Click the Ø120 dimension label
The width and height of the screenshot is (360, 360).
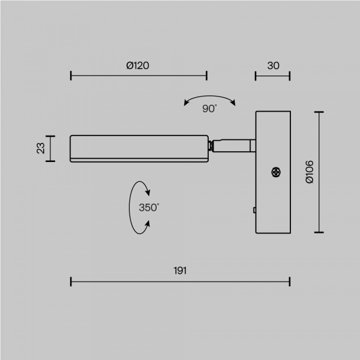pyautogui.click(x=137, y=65)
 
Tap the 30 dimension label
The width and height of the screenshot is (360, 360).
pyautogui.click(x=273, y=65)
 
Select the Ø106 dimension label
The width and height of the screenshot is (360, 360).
pyautogui.click(x=310, y=172)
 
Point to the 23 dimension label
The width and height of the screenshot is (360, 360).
pyautogui.click(x=41, y=148)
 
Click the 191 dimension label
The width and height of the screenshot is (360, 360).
pyautogui.click(x=180, y=271)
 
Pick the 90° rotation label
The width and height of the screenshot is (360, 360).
pyautogui.click(x=209, y=109)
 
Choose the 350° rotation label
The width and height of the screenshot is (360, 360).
pyautogui.click(x=149, y=208)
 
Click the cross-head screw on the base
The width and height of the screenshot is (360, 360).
pyautogui.click(x=276, y=172)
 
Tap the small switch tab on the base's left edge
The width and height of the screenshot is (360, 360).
pyautogui.click(x=254, y=210)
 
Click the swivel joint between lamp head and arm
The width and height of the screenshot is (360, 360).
pyautogui.click(x=211, y=146)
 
